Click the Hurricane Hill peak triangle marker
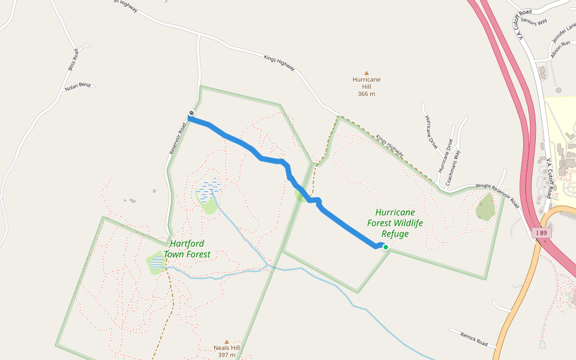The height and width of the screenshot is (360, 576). click(x=367, y=73)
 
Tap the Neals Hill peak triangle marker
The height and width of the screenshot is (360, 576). click(x=227, y=341)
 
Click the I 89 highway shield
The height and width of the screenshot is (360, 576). click(x=542, y=233)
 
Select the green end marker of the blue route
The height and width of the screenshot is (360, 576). click(x=386, y=247)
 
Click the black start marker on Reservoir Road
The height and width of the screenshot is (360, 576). click(x=191, y=113)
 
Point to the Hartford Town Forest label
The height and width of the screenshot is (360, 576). click(x=187, y=249)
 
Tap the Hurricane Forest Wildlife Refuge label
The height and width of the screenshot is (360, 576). click(x=395, y=223)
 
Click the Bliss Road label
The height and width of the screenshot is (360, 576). click(x=73, y=59)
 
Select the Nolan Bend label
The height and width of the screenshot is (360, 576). click(x=78, y=86)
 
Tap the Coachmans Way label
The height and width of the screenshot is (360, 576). click(x=449, y=156)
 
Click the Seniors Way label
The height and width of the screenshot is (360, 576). click(x=534, y=21)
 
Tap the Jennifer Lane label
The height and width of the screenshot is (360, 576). click(x=564, y=32)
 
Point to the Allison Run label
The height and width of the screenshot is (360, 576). click(x=560, y=49)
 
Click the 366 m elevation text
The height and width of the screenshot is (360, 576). click(x=367, y=94)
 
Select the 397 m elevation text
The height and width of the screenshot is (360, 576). click(x=227, y=355)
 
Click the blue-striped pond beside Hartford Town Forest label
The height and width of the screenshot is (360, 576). click(x=157, y=262)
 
